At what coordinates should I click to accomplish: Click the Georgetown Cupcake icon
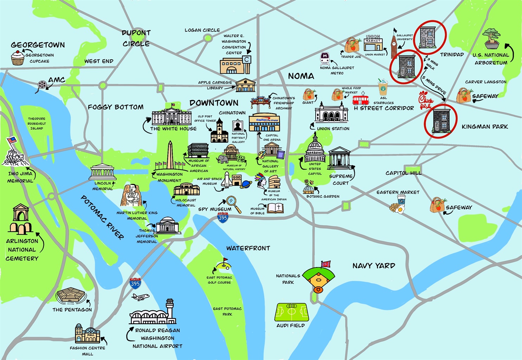pos(18,58)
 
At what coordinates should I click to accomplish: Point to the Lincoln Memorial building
pos(102,172)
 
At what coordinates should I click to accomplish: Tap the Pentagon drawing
pos(71,297)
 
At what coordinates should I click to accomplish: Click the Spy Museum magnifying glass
pos(233,204)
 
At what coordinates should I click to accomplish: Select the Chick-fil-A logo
pos(426,100)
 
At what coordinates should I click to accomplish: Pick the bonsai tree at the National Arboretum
pos(491,39)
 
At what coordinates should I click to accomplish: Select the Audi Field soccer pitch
pos(291,312)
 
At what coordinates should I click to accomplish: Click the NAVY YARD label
pos(374,266)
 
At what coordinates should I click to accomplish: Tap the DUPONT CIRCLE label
pos(136,38)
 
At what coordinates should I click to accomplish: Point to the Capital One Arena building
pos(264,122)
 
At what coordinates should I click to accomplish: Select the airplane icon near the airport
pos(140,297)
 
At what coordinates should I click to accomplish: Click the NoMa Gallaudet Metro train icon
pos(325,57)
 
